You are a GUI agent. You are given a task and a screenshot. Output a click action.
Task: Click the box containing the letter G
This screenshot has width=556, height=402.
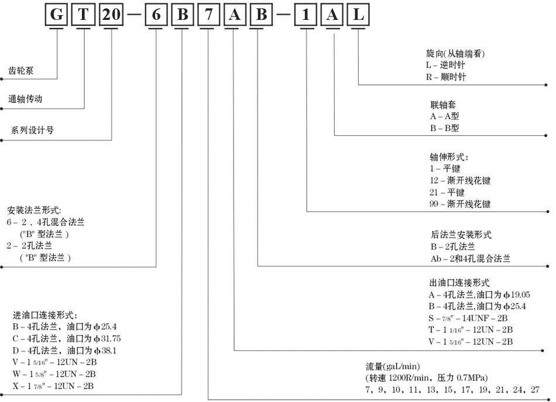[x=56, y=15]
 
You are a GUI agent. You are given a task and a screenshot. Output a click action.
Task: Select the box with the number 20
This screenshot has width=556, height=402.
[x=111, y=15]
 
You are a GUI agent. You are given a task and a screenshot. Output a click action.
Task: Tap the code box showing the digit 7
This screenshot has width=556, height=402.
[x=208, y=15]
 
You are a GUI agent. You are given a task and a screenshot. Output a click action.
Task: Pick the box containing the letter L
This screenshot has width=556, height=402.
[x=358, y=15]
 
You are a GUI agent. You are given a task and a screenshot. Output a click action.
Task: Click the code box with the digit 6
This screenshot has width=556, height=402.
[x=156, y=15]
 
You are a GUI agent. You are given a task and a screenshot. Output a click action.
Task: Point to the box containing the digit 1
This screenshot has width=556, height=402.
[x=306, y=15]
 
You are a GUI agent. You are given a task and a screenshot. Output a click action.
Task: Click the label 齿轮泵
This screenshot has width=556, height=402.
[x=21, y=71]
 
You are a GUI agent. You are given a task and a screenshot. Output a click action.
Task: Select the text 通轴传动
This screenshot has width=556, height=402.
[x=25, y=99]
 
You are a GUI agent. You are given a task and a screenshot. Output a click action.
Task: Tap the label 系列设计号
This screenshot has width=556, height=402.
[x=32, y=130]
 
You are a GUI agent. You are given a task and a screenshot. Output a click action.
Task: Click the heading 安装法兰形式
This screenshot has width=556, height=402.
[x=34, y=210]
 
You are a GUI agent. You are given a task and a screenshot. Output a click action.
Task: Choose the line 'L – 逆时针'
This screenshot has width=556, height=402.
[x=445, y=65]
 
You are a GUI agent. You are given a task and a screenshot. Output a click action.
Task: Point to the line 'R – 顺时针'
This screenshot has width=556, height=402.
[x=446, y=77]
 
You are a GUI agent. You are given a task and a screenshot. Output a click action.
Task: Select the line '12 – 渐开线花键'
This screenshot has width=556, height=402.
[x=460, y=180]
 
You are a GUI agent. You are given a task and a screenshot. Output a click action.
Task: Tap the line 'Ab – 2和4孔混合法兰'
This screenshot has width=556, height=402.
[x=471, y=259]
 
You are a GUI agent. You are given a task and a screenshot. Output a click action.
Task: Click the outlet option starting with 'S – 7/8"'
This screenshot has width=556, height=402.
[x=468, y=318]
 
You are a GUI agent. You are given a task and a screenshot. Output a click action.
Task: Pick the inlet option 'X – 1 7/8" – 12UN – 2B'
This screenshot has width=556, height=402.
[x=53, y=386]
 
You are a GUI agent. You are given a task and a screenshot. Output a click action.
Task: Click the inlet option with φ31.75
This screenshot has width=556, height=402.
[x=67, y=339]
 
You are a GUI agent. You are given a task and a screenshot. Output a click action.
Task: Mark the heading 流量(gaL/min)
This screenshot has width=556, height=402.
[x=393, y=366]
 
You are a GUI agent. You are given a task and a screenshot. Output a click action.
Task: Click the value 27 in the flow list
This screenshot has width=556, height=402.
[x=535, y=390]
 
